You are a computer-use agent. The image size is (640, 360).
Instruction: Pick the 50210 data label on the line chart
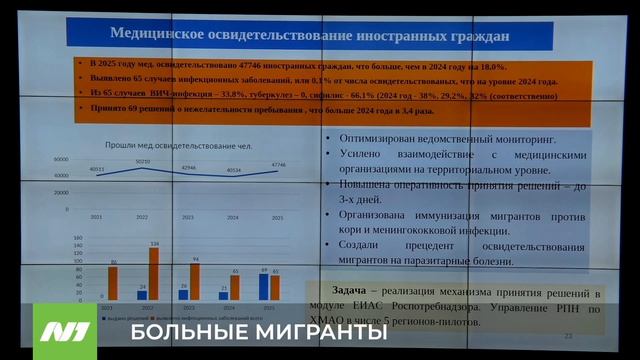[x=142, y=161]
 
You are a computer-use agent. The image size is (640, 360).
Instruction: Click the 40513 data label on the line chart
[x=96, y=169]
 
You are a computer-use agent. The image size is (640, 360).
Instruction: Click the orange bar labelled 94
[x=195, y=281]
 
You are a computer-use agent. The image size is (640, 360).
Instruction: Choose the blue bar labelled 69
[x=264, y=286]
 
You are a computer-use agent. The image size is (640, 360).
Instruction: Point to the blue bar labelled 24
[x=142, y=294]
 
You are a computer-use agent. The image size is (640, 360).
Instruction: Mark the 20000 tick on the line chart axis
[x=61, y=192]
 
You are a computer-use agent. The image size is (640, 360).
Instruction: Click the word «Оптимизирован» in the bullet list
[x=389, y=138]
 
